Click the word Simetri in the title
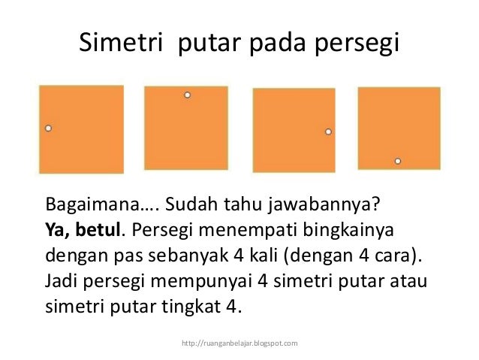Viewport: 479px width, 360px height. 122,44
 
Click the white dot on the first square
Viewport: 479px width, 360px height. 48,129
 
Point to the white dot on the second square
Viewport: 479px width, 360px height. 187,95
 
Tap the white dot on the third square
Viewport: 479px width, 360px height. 328,132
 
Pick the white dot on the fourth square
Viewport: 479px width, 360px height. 398,161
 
